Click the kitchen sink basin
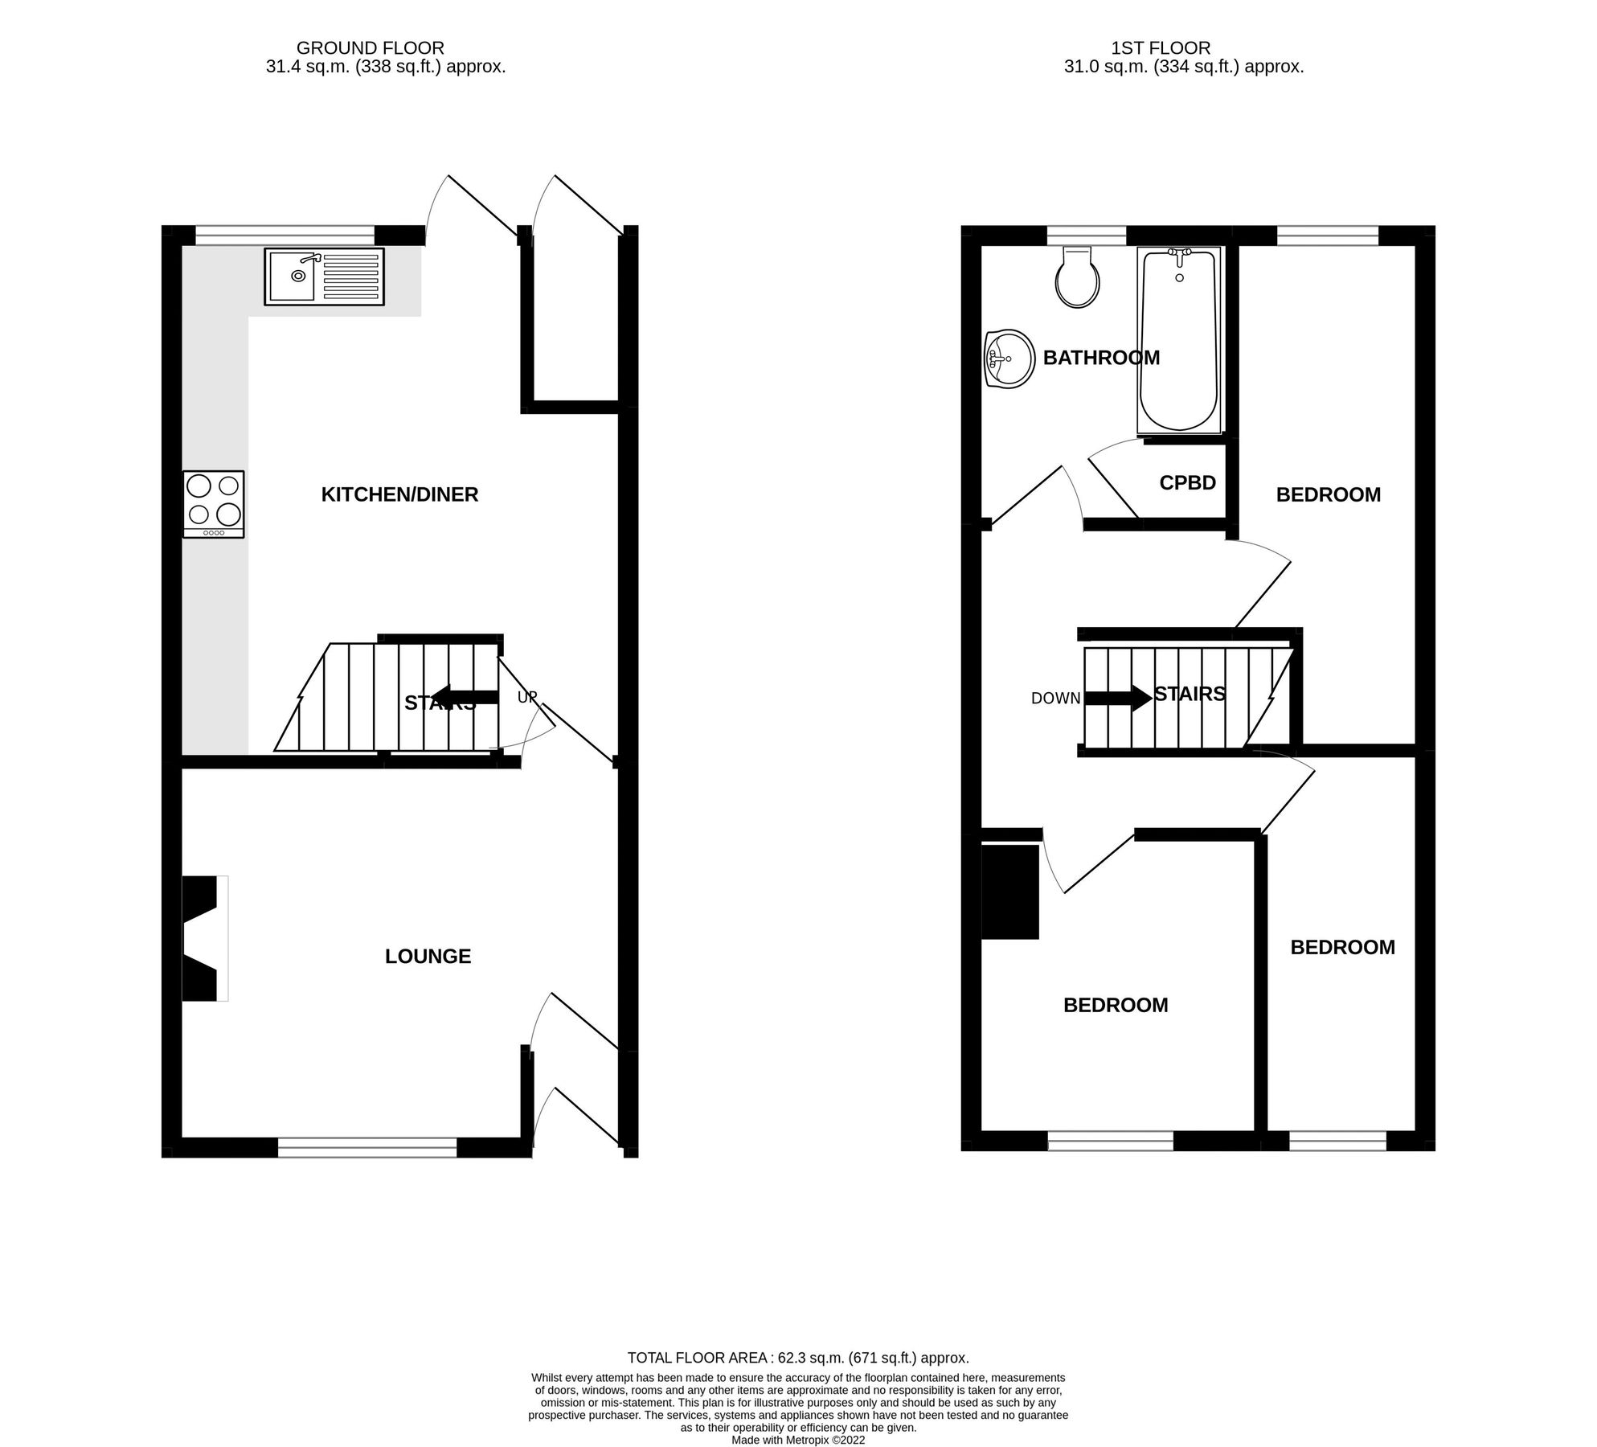pos(292,276)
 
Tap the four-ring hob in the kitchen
pos(213,503)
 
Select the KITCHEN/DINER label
pos(399,494)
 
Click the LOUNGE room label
pos(428,956)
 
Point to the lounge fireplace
pos(202,938)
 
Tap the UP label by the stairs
pos(526,697)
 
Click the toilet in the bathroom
pos(1077,278)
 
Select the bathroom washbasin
pos(1009,359)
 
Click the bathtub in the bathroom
pos(1178,339)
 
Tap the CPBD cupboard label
pos(1187,482)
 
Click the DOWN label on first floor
pos(1055,699)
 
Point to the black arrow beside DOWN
pos(1117,697)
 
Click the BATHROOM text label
pos(1101,358)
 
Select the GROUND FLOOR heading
pos(370,48)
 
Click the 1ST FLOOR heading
pos(1160,48)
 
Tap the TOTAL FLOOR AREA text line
pos(797,1358)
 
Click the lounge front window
pos(367,1147)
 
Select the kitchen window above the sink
pos(285,235)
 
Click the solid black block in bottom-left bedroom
pos(1009,892)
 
